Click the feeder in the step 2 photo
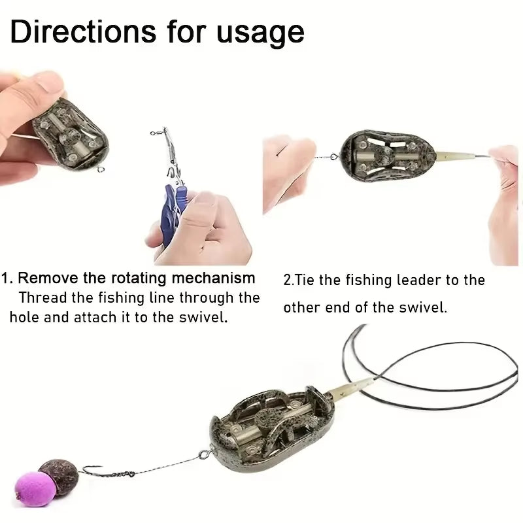coord(382,156)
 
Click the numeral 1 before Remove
coord(5,278)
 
